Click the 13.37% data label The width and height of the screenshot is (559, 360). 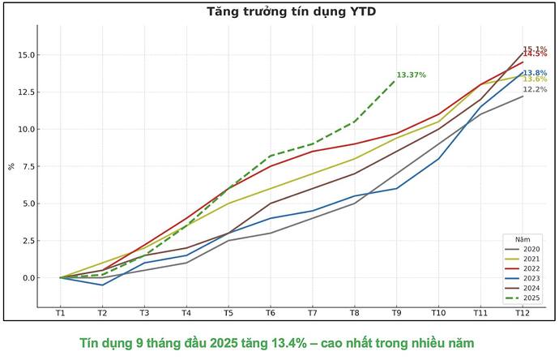412,75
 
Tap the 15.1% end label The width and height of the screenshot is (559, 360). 535,49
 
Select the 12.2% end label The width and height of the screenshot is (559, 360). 535,89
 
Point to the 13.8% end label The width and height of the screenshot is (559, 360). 535,73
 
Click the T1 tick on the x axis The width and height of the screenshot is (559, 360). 60,313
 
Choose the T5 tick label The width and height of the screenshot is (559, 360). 228,313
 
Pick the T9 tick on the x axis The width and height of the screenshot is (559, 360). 396,313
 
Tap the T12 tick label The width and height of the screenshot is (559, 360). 523,313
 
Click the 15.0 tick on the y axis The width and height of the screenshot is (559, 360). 26,55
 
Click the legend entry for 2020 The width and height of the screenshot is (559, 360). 525,250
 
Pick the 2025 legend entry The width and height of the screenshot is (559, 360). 525,298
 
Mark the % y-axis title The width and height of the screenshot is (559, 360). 11,166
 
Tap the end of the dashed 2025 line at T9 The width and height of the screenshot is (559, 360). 396,79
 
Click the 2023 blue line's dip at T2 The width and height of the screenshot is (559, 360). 102,285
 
